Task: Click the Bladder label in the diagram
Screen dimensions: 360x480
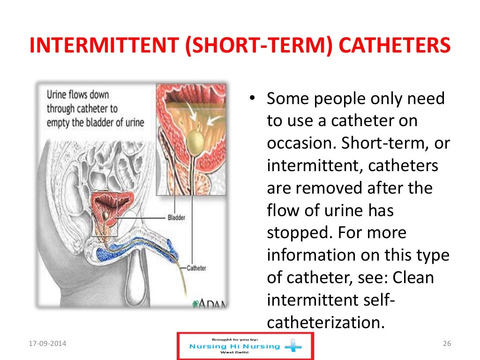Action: coord(176,217)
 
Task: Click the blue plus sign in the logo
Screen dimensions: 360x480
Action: coord(293,347)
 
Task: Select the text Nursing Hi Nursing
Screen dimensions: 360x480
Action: coord(234,346)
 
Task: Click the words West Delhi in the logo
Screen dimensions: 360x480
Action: coord(234,353)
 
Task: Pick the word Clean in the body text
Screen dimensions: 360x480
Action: coord(413,277)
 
